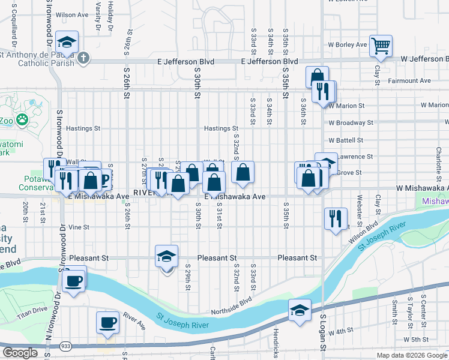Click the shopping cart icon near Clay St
pyautogui.click(x=380, y=45)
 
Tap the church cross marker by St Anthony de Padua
pyautogui.click(x=83, y=58)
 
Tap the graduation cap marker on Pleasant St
pyautogui.click(x=167, y=256)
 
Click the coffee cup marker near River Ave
pyautogui.click(x=108, y=322)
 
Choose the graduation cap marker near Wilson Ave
pyautogui.click(x=67, y=42)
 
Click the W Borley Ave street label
pyautogui.click(x=347, y=45)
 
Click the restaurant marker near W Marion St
pyautogui.click(x=325, y=91)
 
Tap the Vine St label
pyautogui.click(x=79, y=227)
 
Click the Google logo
pyautogui.click(x=20, y=353)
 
